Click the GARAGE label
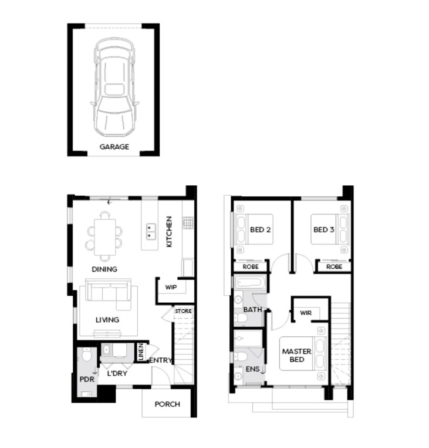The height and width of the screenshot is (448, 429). click(x=114, y=147)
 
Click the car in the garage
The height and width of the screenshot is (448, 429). click(x=114, y=87)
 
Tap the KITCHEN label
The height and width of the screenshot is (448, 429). click(x=169, y=232)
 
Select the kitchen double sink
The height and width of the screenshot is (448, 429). click(x=151, y=232)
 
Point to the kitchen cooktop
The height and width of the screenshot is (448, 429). click(x=188, y=223)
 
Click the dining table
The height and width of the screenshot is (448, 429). click(x=105, y=237)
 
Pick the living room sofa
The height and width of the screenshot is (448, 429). click(x=108, y=294)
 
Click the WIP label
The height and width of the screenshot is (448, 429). click(x=171, y=287)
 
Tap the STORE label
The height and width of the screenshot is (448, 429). click(x=183, y=311)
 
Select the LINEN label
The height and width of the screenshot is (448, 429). click(x=141, y=352)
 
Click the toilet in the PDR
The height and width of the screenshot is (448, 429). click(x=86, y=355)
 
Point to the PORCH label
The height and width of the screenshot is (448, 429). click(x=167, y=404)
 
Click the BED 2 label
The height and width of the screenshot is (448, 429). click(x=260, y=230)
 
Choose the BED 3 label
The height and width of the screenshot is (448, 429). click(x=324, y=230)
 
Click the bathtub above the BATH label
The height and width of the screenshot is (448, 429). click(x=249, y=283)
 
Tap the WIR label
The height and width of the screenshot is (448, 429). click(x=306, y=313)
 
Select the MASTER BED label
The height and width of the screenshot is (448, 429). click(x=296, y=356)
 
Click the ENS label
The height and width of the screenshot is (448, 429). click(x=252, y=369)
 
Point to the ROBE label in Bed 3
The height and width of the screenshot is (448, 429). click(x=334, y=267)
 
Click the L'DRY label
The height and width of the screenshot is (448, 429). click(x=117, y=373)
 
